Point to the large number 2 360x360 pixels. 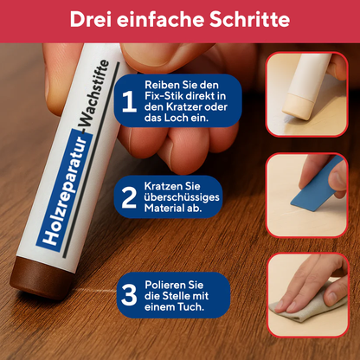point(129,197)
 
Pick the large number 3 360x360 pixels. point(129,294)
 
